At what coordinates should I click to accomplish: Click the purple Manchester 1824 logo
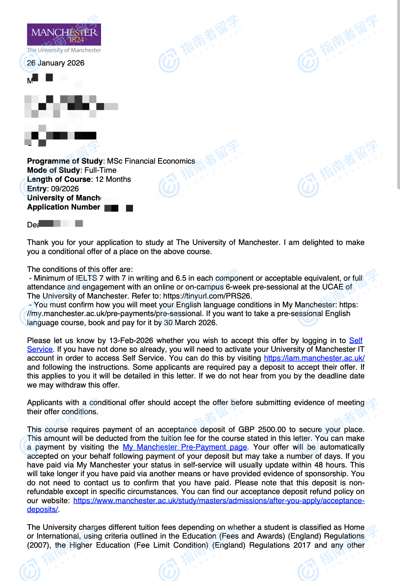[x=64, y=34]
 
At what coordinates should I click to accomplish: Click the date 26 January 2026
[x=56, y=63]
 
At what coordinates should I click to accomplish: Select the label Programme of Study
[x=65, y=161]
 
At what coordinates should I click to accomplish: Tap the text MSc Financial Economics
[x=151, y=161]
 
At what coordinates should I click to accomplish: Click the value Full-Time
[x=100, y=170]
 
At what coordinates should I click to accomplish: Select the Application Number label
[x=64, y=207]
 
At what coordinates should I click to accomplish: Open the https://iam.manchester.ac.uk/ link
[x=314, y=358]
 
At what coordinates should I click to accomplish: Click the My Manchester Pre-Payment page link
[x=185, y=447]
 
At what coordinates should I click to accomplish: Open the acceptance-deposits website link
[x=219, y=501]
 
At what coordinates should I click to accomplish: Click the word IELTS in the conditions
[x=86, y=278]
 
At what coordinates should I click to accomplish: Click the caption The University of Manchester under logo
[x=64, y=50]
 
